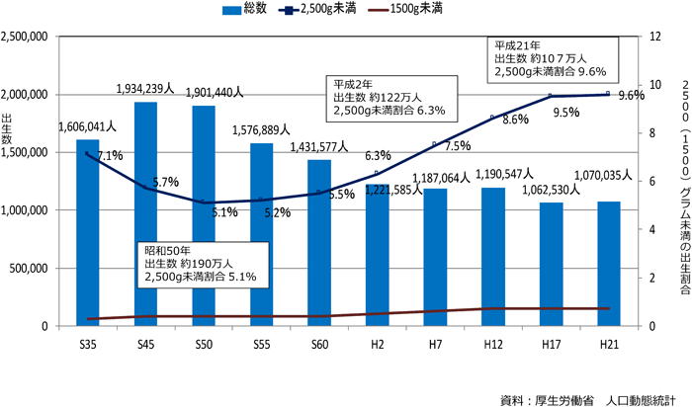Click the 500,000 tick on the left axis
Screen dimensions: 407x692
(33, 268)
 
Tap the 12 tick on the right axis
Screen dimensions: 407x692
(653, 37)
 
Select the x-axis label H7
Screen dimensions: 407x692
(435, 343)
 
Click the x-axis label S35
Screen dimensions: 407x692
(87, 343)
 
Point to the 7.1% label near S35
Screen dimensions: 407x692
(109, 155)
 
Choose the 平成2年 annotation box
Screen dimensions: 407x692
(392, 97)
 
